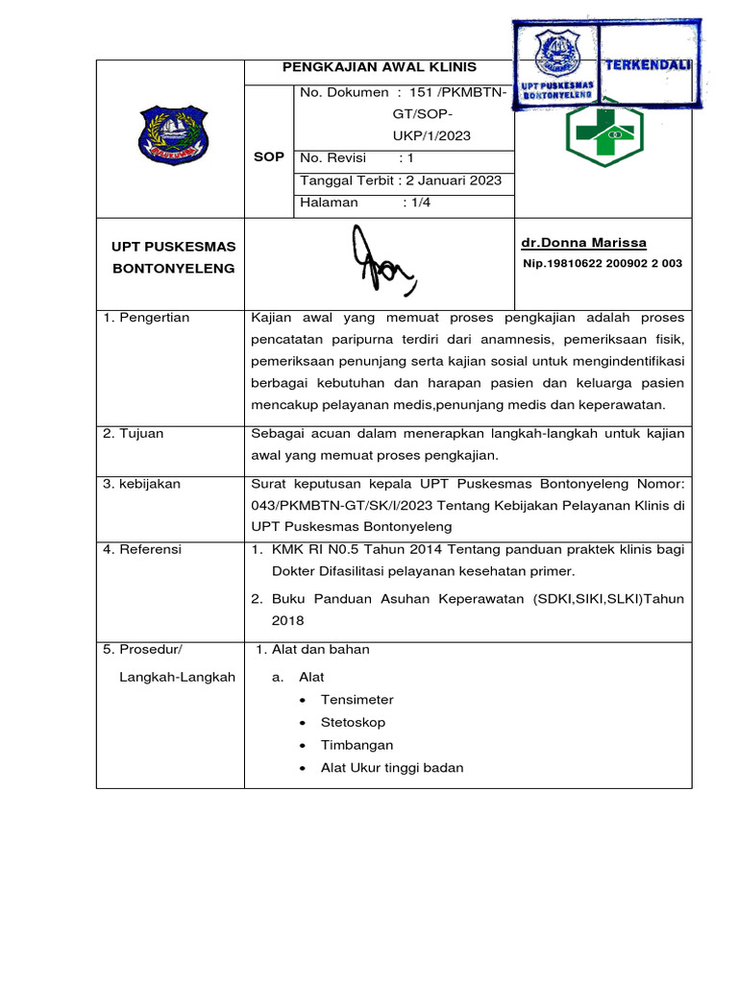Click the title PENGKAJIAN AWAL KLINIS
click(x=379, y=67)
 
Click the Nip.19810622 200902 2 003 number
click(x=603, y=263)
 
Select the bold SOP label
click(x=269, y=156)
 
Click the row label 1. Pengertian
click(x=147, y=318)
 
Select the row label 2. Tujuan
click(x=134, y=434)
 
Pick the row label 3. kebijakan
click(x=142, y=484)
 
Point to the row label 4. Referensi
click(x=143, y=550)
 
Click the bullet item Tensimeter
click(x=357, y=700)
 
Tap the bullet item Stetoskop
click(x=353, y=722)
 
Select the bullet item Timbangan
click(x=357, y=745)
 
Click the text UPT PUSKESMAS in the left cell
click(x=174, y=247)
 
